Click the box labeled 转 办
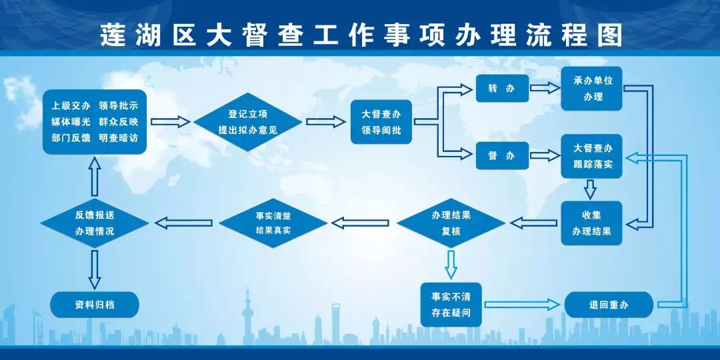pos(502,89)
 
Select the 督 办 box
pos(502,155)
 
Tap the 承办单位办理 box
pos(591,89)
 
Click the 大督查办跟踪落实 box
pos(591,156)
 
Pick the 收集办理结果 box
pos(591,223)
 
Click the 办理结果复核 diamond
pos(451,223)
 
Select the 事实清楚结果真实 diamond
pos(273,223)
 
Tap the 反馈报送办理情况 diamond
pos(95,223)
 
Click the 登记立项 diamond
pos(248,122)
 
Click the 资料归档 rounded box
pos(95,304)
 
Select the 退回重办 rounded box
pos(609,305)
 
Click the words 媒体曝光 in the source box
pos(71,122)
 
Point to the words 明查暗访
pos(118,137)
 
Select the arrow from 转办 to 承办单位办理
pos(544,88)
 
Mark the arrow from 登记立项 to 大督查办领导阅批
pos(327,122)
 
